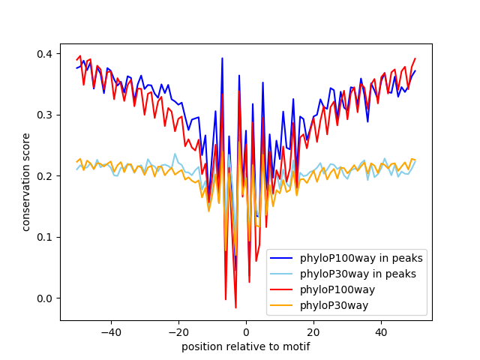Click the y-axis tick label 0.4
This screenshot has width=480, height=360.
click(46, 54)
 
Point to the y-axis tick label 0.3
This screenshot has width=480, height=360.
click(46, 115)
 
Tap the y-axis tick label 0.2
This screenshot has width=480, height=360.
click(46, 176)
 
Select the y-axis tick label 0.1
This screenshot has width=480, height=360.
click(46, 237)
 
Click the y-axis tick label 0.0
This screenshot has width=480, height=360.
click(46, 298)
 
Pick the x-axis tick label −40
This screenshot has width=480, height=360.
click(110, 331)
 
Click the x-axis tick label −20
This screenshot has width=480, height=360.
click(178, 331)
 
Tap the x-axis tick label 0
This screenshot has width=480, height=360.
click(246, 331)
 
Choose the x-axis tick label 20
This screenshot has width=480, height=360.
click(313, 331)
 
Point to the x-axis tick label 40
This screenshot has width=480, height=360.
click(381, 331)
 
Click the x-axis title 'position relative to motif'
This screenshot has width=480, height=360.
click(246, 346)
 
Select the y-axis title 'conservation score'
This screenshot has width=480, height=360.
click(26, 181)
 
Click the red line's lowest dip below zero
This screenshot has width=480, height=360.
click(235, 307)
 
